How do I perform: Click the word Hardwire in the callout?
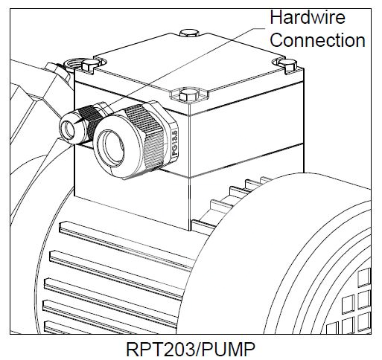308,17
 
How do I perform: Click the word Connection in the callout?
317,40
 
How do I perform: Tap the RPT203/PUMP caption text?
191,350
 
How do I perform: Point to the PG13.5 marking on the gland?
175,142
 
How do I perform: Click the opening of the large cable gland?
111,148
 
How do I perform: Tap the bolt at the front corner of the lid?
189,95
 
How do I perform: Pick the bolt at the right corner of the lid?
287,64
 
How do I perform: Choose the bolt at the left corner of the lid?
91,64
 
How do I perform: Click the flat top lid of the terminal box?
189,64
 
